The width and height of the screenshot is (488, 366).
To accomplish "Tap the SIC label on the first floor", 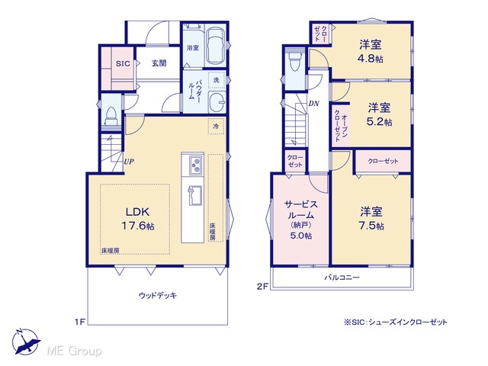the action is coord(123,64).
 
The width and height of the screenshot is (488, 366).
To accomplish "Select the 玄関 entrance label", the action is coord(159,63).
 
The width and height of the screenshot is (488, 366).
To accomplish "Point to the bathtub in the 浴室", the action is coord(216,46).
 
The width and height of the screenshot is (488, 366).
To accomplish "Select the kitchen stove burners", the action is coord(196,165).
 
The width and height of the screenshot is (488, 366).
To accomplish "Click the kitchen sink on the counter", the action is coord(195,195).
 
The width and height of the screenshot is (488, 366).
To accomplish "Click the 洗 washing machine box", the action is coord(217,80).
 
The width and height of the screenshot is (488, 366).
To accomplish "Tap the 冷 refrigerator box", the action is coord(216,127).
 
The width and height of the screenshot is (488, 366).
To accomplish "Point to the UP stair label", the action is coord(129,162).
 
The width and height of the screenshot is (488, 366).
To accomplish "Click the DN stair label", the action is coord(313,104).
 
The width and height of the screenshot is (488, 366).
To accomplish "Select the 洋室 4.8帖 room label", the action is coord(371,51).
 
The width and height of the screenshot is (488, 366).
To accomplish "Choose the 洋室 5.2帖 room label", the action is coord(380,114).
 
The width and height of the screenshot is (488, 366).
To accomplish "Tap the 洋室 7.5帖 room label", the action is coord(371,219).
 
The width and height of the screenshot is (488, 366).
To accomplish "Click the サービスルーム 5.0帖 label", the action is coord(301,220).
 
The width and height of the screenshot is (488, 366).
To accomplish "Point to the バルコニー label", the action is coord(342,277).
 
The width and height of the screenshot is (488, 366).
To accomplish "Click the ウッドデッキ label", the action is coord(158,295).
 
